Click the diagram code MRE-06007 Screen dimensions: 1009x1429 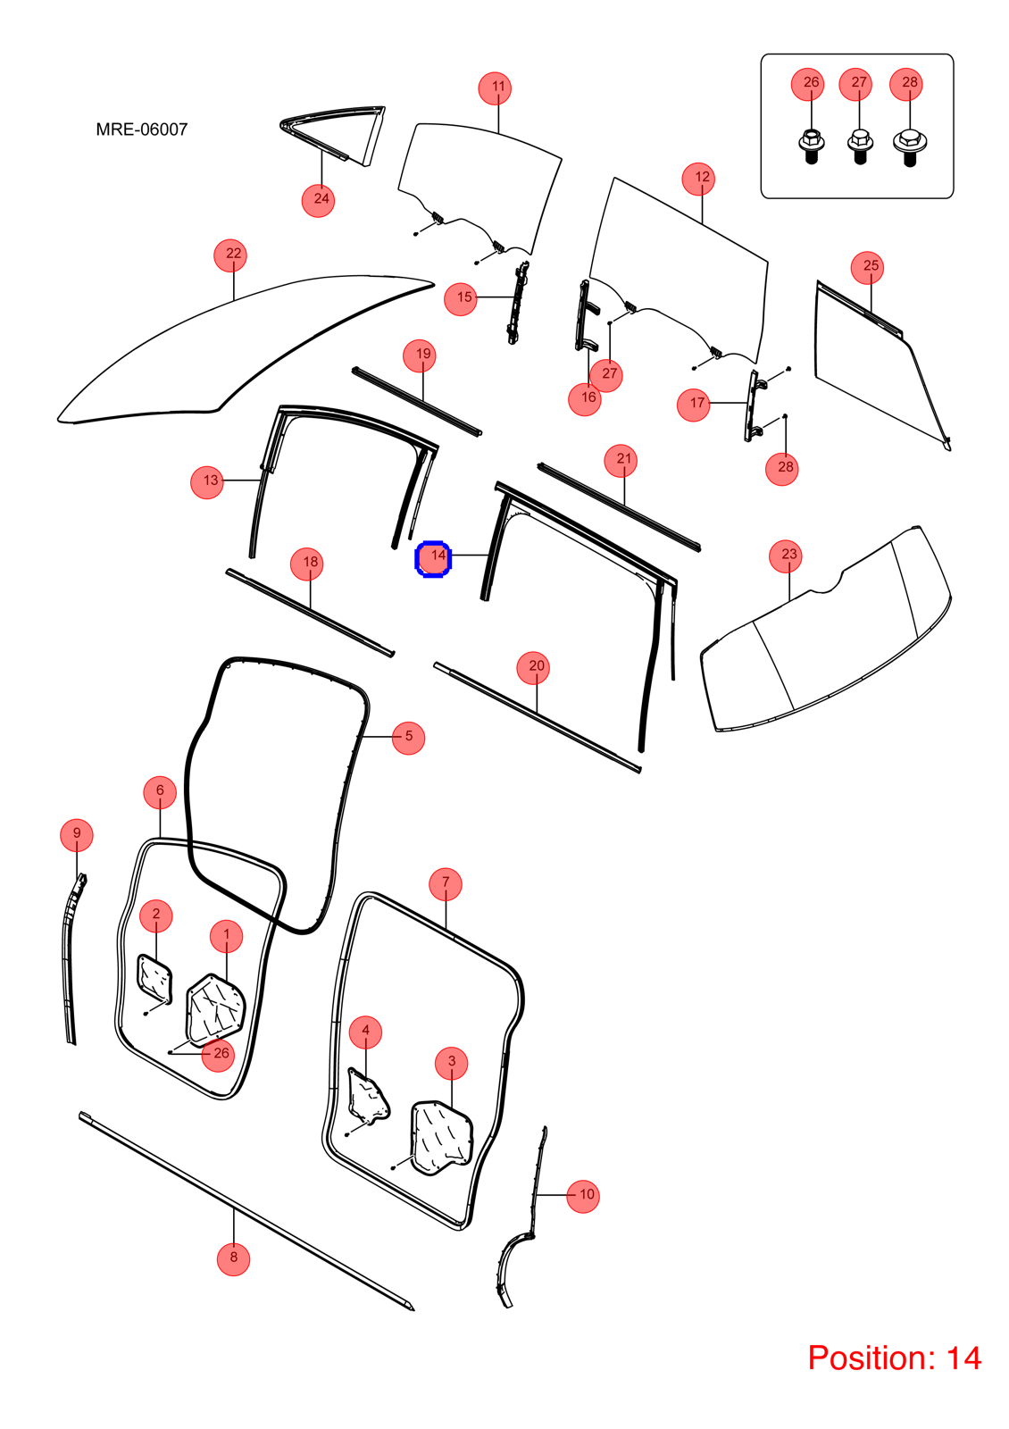142,130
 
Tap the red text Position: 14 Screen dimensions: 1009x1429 894,1358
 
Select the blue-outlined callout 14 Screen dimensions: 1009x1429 434,559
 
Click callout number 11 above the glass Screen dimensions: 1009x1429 495,89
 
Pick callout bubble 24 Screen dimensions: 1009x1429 318,200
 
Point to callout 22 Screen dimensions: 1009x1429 230,255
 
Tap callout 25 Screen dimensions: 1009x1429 867,267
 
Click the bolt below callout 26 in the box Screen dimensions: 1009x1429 812,146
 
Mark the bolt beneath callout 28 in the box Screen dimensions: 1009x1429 910,147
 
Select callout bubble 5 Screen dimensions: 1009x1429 408,738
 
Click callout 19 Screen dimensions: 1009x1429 420,356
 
